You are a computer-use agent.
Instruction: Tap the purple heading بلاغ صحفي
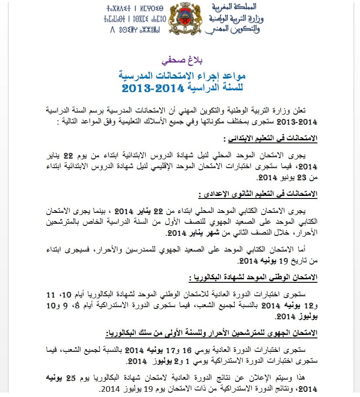tap(180, 59)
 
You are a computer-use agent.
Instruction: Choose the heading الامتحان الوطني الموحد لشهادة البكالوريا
tap(254, 277)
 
